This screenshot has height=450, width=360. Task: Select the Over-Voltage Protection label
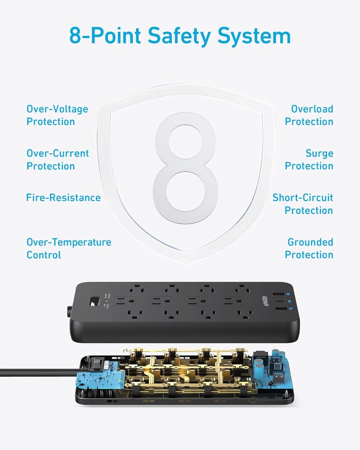[57, 115]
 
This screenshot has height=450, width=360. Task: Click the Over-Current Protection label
[58, 160]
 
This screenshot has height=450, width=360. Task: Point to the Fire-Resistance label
[63, 198]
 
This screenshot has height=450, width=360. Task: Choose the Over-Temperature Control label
[68, 248]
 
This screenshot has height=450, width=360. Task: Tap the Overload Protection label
[309, 115]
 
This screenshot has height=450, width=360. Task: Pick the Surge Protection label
[309, 160]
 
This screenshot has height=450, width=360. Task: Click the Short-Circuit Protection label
[303, 204]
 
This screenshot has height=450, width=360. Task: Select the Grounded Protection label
[309, 248]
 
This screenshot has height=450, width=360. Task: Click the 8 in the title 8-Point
[76, 36]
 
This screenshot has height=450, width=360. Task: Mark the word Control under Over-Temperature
[44, 255]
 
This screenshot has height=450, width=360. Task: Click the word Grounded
[310, 242]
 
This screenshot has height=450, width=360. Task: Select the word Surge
[319, 153]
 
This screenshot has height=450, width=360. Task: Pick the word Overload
[312, 109]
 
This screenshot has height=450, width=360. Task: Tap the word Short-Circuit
[303, 198]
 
